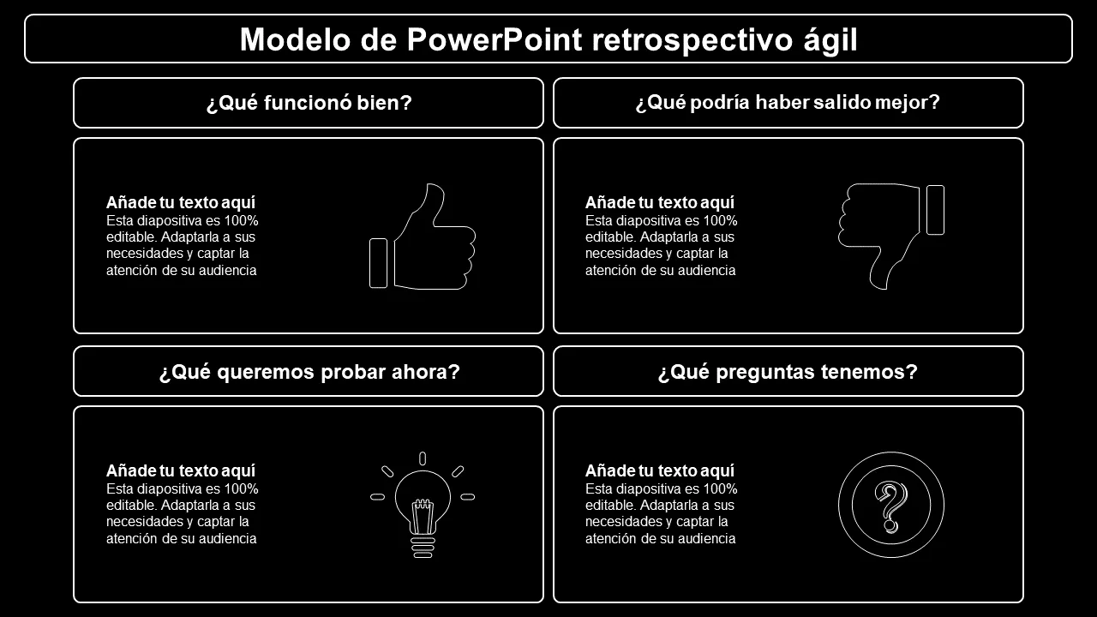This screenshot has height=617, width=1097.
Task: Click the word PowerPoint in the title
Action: tap(495, 39)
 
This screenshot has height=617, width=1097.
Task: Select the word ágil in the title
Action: tap(830, 40)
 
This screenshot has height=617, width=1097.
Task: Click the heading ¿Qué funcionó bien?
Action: tap(309, 103)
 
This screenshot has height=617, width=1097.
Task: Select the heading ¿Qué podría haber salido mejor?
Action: tap(788, 102)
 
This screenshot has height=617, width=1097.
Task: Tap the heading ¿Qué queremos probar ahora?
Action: tap(309, 372)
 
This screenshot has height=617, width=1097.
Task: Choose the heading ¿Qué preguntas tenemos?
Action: tap(788, 372)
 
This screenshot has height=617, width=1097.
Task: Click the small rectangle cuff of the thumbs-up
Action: tap(378, 263)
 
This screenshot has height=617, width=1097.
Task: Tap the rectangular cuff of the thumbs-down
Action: tap(935, 210)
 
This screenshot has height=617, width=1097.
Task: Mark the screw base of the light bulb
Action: tap(423, 548)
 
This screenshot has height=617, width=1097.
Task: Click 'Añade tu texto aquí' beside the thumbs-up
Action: tap(181, 202)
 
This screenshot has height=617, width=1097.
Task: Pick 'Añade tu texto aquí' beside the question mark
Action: tap(660, 470)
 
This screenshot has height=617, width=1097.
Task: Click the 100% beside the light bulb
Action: tap(241, 488)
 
